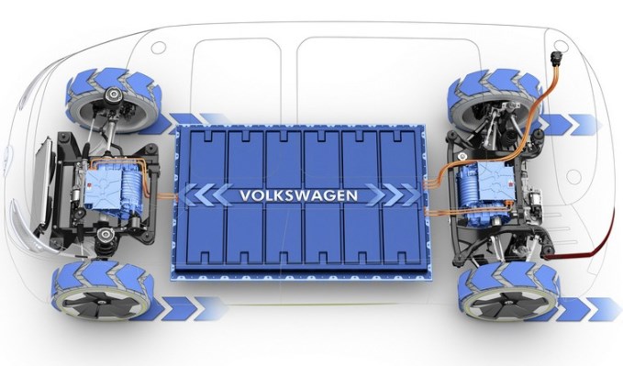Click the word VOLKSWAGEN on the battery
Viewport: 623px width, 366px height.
point(298,195)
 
